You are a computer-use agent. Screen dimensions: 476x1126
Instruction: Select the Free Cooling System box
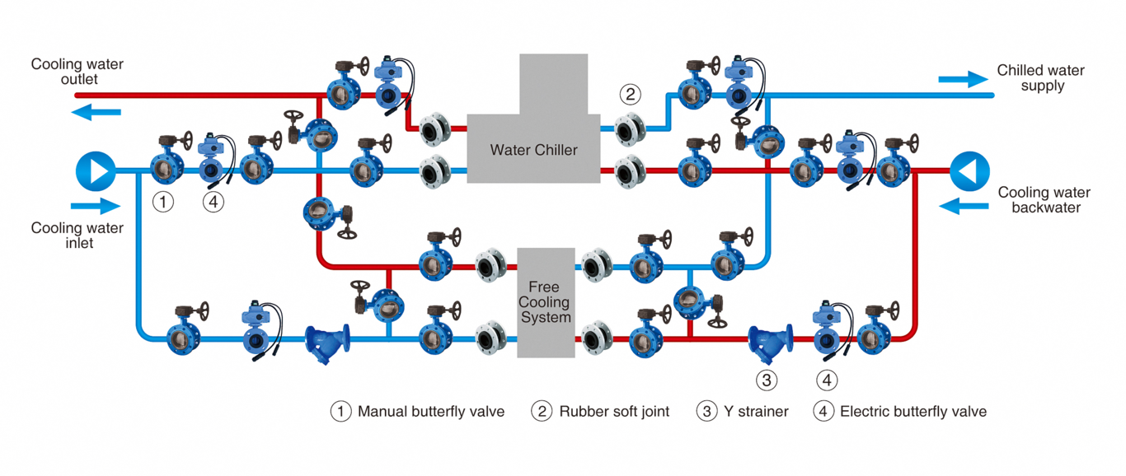tap(545, 302)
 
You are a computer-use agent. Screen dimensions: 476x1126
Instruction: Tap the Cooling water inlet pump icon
tap(96, 171)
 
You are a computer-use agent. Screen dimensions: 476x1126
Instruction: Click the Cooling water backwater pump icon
tap(969, 171)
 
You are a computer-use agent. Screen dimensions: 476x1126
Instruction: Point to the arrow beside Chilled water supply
tap(963, 79)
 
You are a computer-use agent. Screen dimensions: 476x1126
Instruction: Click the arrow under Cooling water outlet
tap(96, 112)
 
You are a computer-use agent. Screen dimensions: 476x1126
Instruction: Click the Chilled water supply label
tap(1040, 78)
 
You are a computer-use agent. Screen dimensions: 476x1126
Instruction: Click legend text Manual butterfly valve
tap(430, 411)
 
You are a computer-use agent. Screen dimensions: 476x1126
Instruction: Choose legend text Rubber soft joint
tap(614, 411)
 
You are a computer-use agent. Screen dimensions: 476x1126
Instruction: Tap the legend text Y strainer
tap(756, 411)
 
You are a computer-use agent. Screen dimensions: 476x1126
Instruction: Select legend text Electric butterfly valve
tap(913, 411)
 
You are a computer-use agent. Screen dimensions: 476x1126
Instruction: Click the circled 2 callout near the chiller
tap(630, 94)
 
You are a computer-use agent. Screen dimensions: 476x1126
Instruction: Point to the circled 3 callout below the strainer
tap(767, 380)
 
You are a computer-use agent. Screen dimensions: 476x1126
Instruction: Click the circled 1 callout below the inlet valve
tap(163, 201)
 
